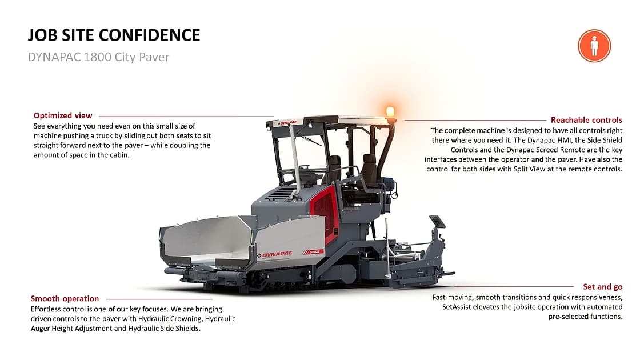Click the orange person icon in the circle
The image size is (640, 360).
[594, 46]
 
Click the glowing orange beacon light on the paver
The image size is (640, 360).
[390, 111]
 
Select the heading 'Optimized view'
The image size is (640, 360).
[63, 115]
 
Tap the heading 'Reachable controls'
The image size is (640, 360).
[586, 120]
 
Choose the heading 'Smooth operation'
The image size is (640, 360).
[65, 299]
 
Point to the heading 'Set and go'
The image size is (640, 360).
[603, 286]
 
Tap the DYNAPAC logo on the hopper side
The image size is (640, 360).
[275, 255]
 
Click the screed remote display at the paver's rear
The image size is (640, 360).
[438, 222]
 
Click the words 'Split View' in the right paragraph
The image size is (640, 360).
[529, 169]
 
